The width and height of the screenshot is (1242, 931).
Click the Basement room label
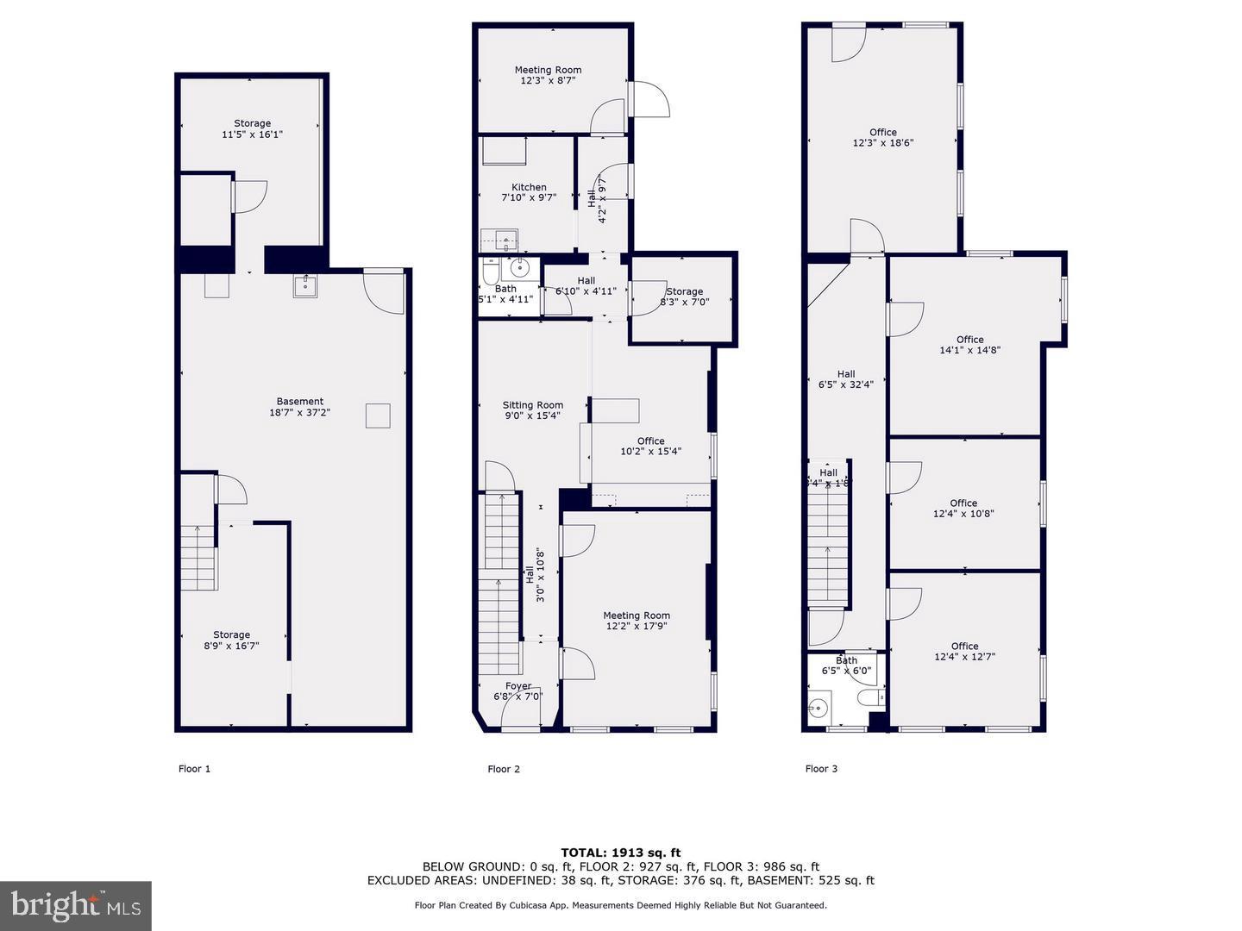[299, 401]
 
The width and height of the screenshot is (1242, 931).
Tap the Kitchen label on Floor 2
[529, 187]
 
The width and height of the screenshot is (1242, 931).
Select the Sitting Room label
[533, 405]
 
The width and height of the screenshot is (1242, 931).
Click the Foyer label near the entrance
[518, 686]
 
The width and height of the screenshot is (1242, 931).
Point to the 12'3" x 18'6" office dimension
[882, 143]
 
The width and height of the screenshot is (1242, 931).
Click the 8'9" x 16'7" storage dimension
[231, 646]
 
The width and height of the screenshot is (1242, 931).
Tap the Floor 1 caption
[194, 769]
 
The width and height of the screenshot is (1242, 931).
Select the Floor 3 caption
[821, 769]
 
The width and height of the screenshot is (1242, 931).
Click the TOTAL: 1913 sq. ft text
[620, 853]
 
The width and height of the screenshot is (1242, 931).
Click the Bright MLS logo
[76, 905]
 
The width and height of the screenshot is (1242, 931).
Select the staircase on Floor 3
[828, 543]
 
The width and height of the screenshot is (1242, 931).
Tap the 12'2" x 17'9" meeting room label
[637, 621]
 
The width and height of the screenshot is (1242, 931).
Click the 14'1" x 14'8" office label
[969, 345]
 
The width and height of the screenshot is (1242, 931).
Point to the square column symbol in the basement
[378, 416]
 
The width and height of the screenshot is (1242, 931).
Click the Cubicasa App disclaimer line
[620, 905]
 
